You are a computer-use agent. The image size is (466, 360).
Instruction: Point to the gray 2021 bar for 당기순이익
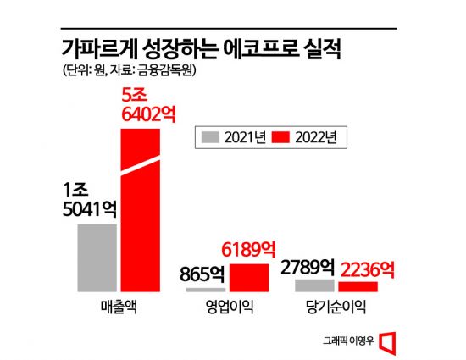click(x=314, y=285)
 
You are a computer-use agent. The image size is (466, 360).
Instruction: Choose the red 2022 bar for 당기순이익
click(x=358, y=287)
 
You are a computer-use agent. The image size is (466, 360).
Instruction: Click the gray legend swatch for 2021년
click(x=211, y=135)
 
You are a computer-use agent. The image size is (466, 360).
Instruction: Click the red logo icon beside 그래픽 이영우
click(x=389, y=341)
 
